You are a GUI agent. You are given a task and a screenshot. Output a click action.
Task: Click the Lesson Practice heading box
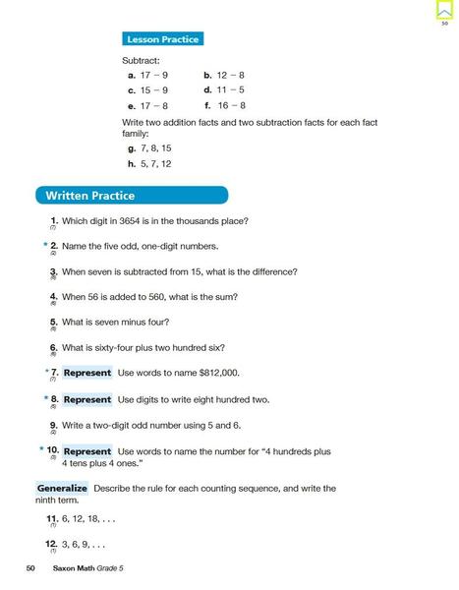(162, 39)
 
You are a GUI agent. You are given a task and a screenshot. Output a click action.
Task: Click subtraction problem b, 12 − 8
(224, 75)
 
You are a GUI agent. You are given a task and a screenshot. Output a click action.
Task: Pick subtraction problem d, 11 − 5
(224, 89)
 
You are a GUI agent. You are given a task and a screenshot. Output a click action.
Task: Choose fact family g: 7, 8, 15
(151, 148)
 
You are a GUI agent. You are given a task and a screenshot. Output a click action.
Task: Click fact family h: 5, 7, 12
(151, 164)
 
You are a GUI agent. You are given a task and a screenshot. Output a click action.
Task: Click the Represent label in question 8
(87, 400)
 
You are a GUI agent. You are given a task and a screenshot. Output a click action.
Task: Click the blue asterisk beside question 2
(45, 245)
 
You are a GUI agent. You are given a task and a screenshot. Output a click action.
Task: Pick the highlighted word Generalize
(62, 489)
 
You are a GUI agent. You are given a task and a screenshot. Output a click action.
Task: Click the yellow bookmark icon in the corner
(444, 10)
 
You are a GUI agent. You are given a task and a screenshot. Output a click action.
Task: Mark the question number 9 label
(53, 425)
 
